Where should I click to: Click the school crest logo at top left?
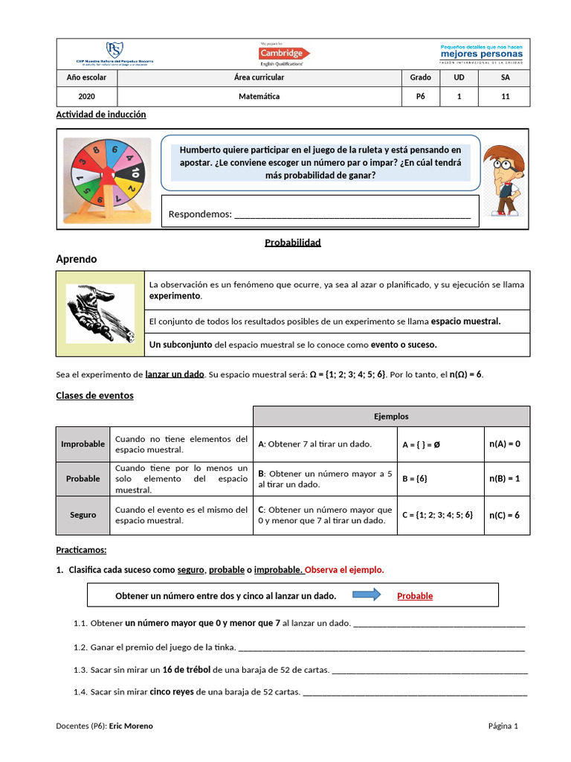114,51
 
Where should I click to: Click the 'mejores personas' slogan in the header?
481,54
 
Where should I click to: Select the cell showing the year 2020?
87,96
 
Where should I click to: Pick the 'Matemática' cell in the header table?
259,96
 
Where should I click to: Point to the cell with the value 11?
505,96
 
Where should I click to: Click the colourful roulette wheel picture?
107,176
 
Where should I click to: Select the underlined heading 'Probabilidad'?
293,243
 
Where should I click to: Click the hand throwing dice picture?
100,313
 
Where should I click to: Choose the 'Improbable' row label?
83,444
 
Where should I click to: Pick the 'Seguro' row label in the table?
83,515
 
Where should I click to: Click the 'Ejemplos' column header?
391,417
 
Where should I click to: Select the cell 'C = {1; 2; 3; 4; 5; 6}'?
437,515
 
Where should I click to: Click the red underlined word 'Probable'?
415,596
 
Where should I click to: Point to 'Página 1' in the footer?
503,726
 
